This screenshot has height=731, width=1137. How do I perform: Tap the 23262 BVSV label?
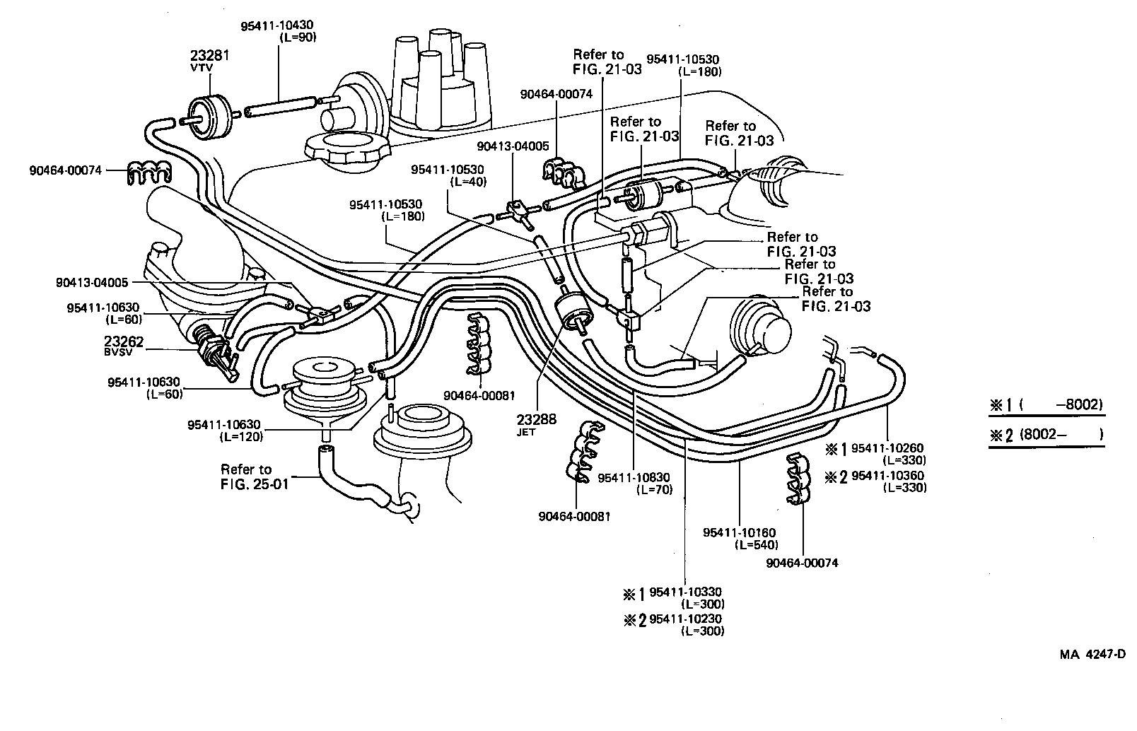click(x=124, y=345)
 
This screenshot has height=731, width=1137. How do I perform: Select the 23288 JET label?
click(x=536, y=423)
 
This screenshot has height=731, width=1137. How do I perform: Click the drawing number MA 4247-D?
click(x=1092, y=655)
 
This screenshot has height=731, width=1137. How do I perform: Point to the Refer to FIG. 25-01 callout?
click(x=246, y=476)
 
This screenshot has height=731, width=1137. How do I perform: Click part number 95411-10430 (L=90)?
click(x=278, y=31)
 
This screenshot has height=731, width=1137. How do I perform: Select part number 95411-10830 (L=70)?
click(x=634, y=484)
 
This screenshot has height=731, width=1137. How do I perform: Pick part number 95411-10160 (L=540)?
click(x=740, y=538)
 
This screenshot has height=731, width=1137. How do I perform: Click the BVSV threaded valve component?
click(x=214, y=351)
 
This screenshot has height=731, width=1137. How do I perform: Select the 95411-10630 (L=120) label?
click(x=225, y=430)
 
